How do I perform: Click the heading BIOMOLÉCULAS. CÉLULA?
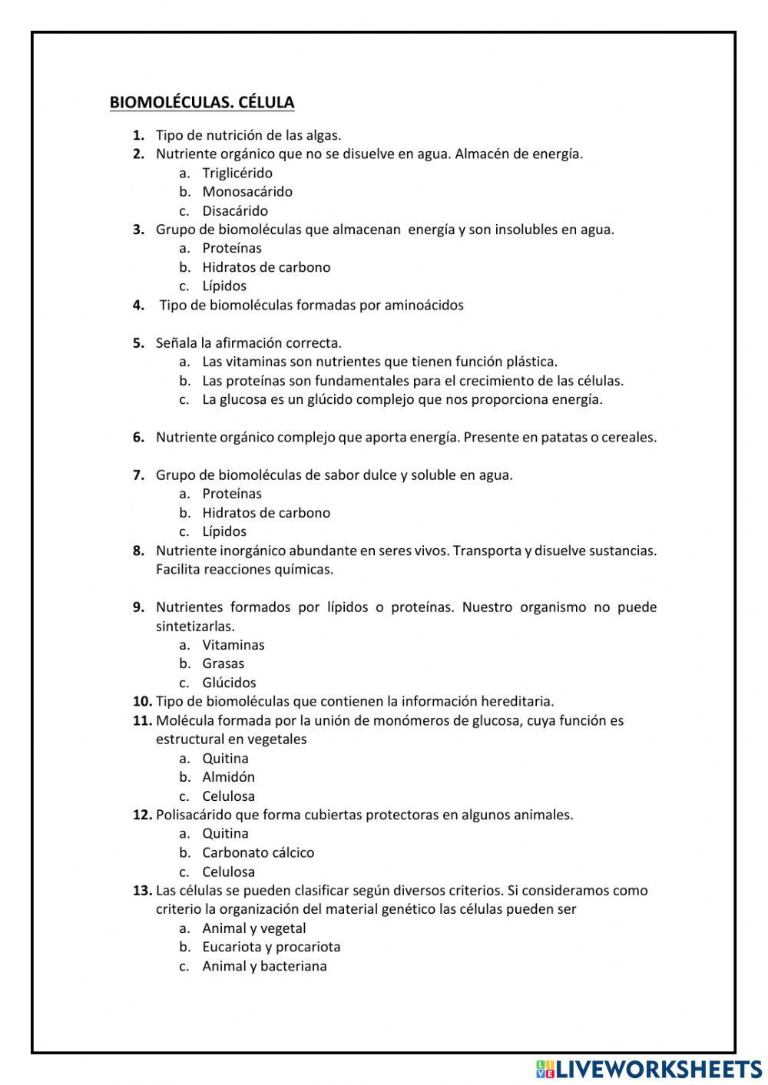click(202, 102)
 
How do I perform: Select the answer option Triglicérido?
click(237, 173)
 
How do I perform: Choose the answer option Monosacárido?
click(247, 191)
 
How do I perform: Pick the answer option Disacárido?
click(235, 210)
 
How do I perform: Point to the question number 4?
click(138, 305)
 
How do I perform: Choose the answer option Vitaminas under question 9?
click(233, 644)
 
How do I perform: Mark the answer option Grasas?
click(223, 663)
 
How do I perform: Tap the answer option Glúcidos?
click(229, 682)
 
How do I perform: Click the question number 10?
click(142, 701)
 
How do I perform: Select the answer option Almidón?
click(228, 776)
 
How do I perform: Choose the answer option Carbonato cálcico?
click(258, 852)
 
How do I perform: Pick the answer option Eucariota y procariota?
click(271, 947)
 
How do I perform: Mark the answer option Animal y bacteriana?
click(264, 966)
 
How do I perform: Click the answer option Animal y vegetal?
click(254, 928)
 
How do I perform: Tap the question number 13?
click(142, 890)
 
